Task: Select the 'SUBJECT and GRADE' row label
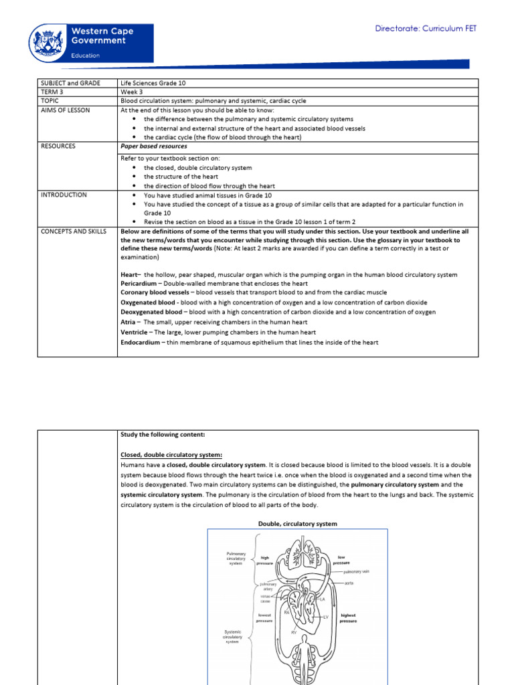pyautogui.click(x=70, y=83)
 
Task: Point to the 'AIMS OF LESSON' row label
pyautogui.click(x=66, y=110)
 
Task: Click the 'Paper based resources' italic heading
pyautogui.click(x=153, y=146)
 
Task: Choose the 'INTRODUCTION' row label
pyautogui.click(x=64, y=195)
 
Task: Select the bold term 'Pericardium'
pyautogui.click(x=140, y=284)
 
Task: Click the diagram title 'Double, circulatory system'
pyautogui.click(x=297, y=523)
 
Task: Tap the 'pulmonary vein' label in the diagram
pyautogui.click(x=356, y=572)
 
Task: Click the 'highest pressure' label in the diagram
pyautogui.click(x=349, y=618)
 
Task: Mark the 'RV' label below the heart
pyautogui.click(x=293, y=631)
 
